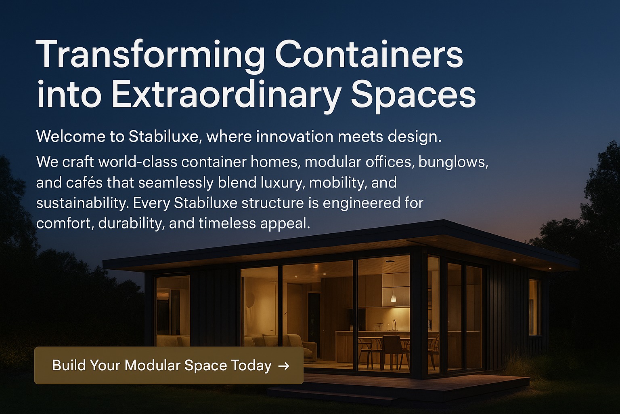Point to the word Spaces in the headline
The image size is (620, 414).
(x=413, y=95)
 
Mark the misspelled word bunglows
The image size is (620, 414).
(x=453, y=162)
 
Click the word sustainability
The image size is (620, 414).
(x=82, y=203)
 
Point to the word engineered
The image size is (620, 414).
(x=362, y=203)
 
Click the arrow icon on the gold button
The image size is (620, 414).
(x=284, y=366)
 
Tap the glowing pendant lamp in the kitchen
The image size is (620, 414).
(x=393, y=298)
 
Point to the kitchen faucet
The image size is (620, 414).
(x=394, y=325)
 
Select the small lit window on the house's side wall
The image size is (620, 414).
(x=535, y=307)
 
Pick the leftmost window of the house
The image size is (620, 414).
(x=173, y=310)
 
